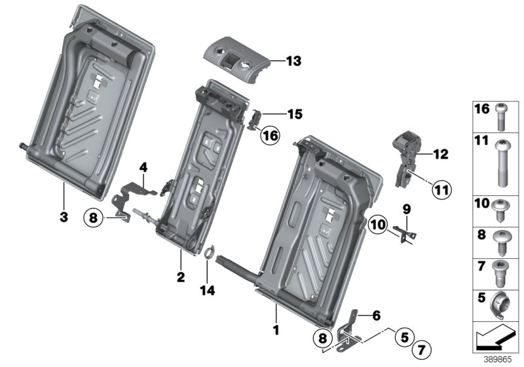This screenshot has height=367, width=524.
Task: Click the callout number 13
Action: [x=293, y=62]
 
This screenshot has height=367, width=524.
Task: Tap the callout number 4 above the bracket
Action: [x=143, y=167]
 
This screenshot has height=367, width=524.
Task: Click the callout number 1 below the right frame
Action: [x=276, y=330]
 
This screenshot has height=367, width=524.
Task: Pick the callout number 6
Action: [x=376, y=315]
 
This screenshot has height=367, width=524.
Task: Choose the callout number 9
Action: [x=406, y=210]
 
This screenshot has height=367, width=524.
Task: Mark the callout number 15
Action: [x=294, y=114]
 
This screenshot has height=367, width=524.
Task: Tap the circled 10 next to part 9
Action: [x=378, y=225]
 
